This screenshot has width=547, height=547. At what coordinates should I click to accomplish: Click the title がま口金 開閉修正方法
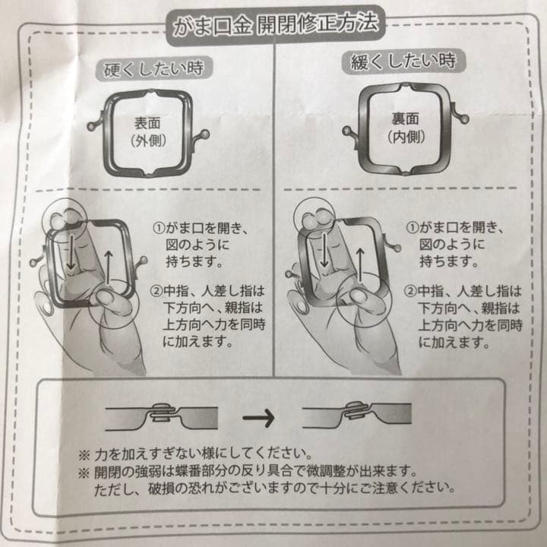tap(274, 25)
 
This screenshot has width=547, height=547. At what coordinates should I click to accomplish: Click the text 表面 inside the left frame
tap(146, 124)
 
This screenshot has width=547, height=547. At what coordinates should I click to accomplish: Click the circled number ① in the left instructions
tap(159, 227)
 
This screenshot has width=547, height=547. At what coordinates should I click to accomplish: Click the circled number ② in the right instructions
tap(410, 290)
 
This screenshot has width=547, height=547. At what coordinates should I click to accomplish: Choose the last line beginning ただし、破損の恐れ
tap(281, 487)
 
